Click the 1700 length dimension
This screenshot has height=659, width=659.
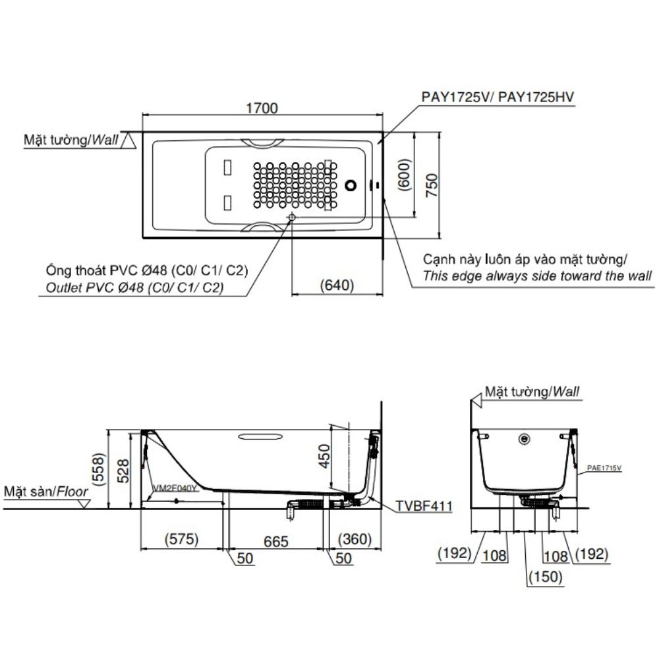263,107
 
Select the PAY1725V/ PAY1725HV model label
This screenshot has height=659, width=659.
498,97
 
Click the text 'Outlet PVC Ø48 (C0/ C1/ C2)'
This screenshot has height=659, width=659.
135,288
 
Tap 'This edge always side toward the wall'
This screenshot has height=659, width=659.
537,276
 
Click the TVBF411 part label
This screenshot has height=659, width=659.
424,506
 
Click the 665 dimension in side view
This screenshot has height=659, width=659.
276,541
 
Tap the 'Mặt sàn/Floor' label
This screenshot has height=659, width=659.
45,492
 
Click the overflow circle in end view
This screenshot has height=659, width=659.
525,438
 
